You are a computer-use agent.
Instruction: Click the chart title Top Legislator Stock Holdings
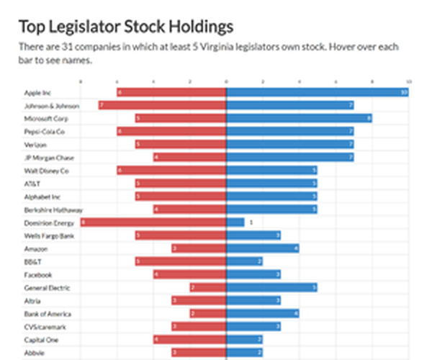(125, 27)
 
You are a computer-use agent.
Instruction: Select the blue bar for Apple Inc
(318, 92)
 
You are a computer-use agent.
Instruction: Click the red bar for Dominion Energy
(153, 222)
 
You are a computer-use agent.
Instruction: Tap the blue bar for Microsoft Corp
(299, 118)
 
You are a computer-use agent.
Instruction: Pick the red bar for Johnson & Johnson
(163, 105)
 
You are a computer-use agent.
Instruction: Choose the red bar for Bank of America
(208, 313)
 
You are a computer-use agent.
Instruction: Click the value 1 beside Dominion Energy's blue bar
(251, 222)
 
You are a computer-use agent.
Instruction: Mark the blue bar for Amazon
(262, 248)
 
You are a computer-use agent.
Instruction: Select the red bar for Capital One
(189, 339)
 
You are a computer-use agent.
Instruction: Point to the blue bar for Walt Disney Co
(271, 170)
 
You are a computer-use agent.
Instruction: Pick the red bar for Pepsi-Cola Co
(171, 131)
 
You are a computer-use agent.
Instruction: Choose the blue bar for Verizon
(289, 144)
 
